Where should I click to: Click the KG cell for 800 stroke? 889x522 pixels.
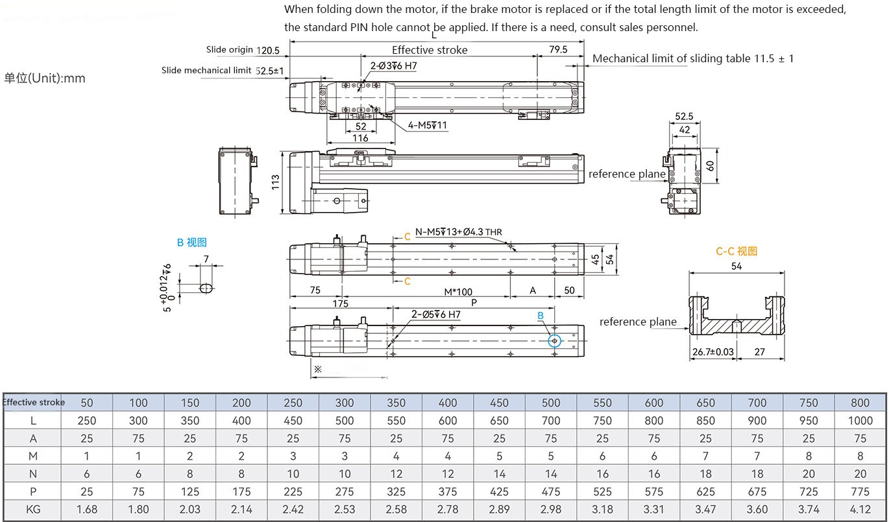click(860, 509)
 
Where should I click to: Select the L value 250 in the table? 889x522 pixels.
click(87, 420)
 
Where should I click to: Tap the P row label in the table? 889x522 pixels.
click(34, 491)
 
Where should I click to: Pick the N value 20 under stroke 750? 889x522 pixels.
click(809, 473)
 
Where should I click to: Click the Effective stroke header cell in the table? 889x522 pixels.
click(34, 402)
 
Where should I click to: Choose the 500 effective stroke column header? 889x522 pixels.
click(551, 403)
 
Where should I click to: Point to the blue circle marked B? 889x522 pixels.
click(554, 340)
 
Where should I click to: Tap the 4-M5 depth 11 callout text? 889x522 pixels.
click(427, 126)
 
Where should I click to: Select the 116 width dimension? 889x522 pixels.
click(360, 138)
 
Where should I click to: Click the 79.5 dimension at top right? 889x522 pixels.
click(558, 49)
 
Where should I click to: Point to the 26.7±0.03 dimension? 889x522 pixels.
click(713, 351)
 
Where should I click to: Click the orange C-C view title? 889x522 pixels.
click(737, 252)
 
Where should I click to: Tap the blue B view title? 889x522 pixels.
click(191, 243)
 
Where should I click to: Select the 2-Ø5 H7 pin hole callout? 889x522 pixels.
click(435, 314)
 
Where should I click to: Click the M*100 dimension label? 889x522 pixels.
click(458, 292)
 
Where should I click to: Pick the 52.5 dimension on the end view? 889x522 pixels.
click(684, 117)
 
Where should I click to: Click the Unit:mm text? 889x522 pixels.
click(45, 78)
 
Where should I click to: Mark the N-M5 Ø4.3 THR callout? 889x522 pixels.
click(458, 232)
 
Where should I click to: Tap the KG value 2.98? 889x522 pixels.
click(551, 509)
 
